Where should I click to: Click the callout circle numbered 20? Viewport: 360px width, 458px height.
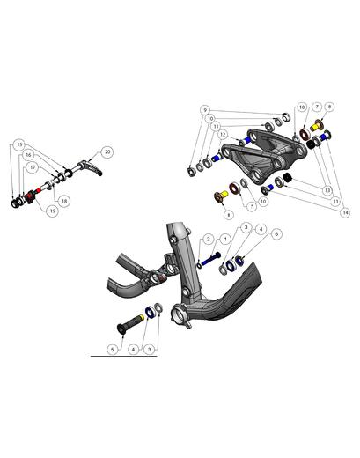(x=107, y=151)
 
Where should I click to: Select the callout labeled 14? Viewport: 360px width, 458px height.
(x=345, y=212)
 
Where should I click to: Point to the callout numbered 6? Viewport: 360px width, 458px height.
(x=276, y=234)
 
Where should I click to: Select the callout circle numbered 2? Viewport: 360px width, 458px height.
(x=209, y=239)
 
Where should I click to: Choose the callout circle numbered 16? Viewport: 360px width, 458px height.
(x=28, y=154)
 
